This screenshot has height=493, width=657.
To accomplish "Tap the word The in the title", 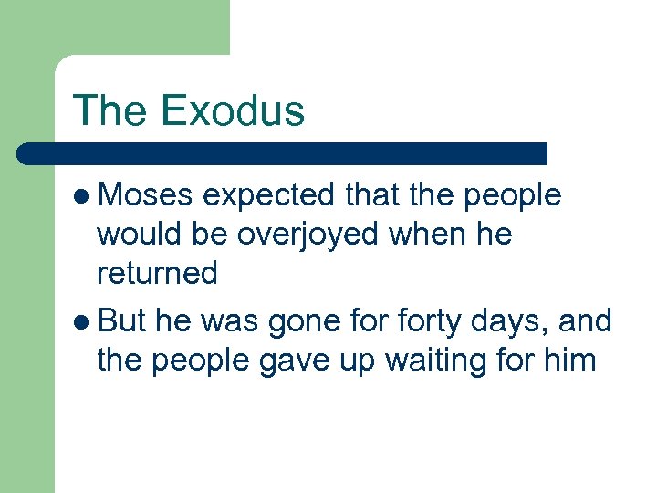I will click(110, 110).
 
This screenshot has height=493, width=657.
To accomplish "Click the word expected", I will click(271, 195).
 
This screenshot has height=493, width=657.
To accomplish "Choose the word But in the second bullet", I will click(121, 321).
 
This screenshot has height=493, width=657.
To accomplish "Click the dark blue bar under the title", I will click(283, 153).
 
